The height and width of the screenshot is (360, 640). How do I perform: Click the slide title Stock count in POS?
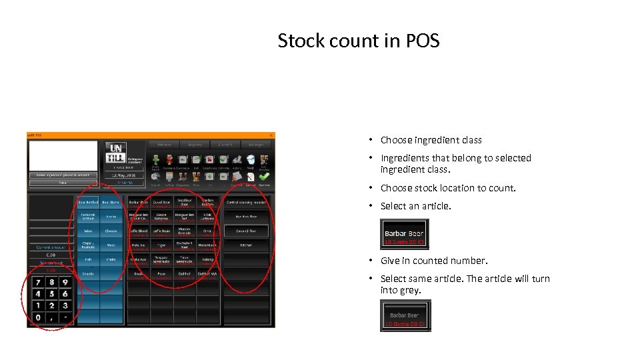tap(359, 41)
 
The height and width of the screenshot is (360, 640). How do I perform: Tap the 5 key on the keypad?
tap(51, 293)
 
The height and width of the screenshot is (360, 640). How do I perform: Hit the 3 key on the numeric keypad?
tap(65, 305)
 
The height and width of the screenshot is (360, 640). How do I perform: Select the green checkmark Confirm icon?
tap(265, 160)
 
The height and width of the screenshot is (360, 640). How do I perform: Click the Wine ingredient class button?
tap(88, 231)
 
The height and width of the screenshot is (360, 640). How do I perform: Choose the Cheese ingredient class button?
tap(111, 231)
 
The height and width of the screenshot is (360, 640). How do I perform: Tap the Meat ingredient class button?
tap(111, 245)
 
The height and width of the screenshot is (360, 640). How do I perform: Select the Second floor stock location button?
tap(246, 231)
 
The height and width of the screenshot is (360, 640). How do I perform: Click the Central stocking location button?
tap(246, 201)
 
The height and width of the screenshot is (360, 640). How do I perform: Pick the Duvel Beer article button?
tap(161, 201)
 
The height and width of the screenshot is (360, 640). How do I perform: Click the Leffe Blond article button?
tap(139, 231)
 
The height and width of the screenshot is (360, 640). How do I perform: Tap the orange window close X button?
tap(271, 135)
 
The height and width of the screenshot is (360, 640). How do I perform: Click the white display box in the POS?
tap(63, 155)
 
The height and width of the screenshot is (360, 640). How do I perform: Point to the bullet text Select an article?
tap(415, 206)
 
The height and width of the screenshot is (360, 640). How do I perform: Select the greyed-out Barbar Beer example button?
tap(405, 315)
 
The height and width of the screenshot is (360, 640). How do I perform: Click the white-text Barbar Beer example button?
tap(404, 234)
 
